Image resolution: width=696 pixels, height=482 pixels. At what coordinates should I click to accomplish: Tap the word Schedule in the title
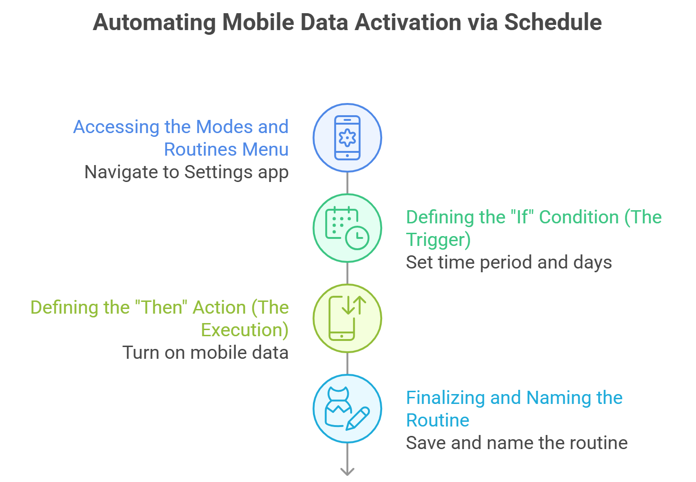[553, 22]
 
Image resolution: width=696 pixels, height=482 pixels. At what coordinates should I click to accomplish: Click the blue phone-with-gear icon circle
[347, 138]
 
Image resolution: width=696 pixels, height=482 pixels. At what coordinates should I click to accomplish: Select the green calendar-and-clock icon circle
[347, 228]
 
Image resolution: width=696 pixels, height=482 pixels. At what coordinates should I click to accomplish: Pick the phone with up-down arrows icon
[347, 318]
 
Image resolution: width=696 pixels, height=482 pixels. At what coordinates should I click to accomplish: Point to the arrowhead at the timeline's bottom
[347, 471]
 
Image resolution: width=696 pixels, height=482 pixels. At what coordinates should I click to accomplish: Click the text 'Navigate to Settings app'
[186, 172]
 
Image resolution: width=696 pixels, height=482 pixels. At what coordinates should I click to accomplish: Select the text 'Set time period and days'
[509, 262]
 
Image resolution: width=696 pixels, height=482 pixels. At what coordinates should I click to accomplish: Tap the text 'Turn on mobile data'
[205, 353]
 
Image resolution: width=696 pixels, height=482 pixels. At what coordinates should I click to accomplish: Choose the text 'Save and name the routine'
[517, 443]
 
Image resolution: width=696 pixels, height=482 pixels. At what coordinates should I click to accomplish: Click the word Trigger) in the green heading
[438, 240]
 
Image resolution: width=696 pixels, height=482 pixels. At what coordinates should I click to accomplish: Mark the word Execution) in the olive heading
[245, 330]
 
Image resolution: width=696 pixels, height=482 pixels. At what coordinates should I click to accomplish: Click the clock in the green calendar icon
[357, 237]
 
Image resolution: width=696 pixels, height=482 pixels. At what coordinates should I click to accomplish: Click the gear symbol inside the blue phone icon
[347, 138]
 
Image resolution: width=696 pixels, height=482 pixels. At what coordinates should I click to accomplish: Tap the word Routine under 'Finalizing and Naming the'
[438, 420]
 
